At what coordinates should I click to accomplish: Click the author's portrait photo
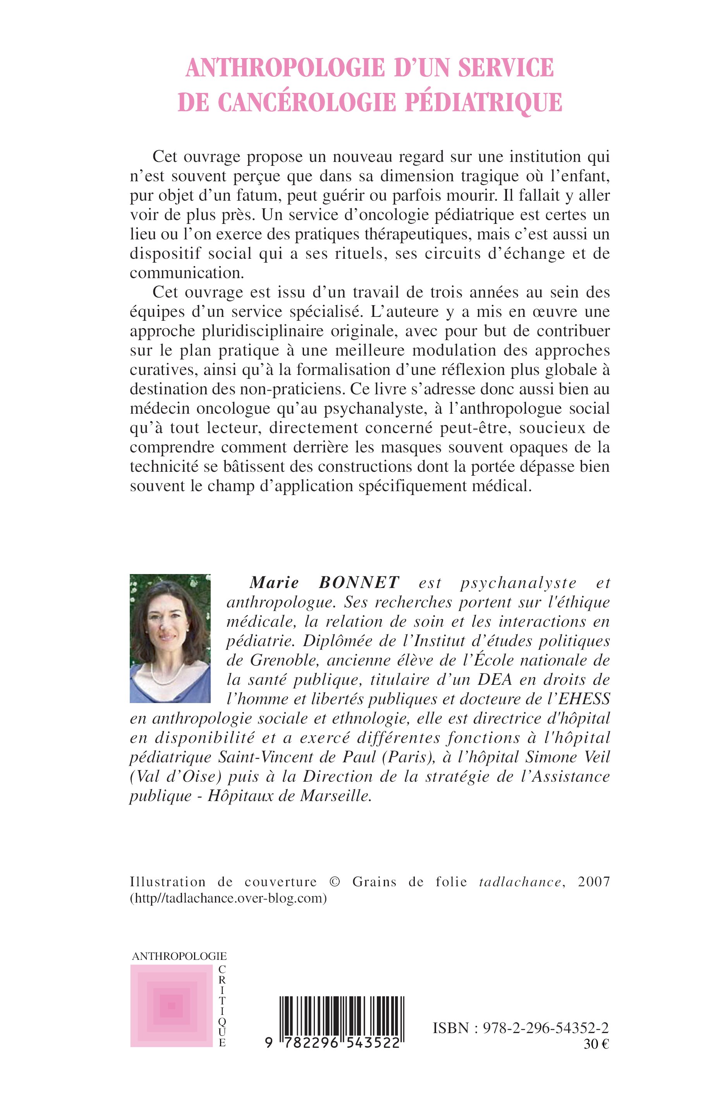(x=170, y=638)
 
